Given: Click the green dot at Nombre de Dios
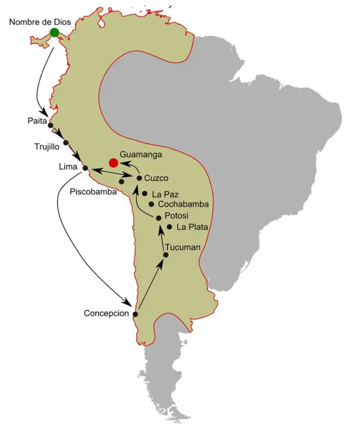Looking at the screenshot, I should coord(55,32).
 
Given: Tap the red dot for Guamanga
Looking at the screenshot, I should coord(113,163).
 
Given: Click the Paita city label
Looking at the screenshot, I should coord(36,121).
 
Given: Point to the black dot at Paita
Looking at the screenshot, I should coord(51,125).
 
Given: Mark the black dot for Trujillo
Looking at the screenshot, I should coord(66,142).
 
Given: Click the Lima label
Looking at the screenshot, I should coord(69,167).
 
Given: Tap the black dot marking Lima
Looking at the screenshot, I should coord(85,168).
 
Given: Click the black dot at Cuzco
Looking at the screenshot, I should coord(139,178).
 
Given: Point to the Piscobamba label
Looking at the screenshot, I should coord(93,192).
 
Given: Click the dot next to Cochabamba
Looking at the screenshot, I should coord(151,204).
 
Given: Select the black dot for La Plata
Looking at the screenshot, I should coord(170,227).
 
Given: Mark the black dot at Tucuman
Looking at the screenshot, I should coord(165,255).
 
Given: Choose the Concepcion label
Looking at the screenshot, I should coord(106,313).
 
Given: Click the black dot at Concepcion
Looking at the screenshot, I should coord(134,313).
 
